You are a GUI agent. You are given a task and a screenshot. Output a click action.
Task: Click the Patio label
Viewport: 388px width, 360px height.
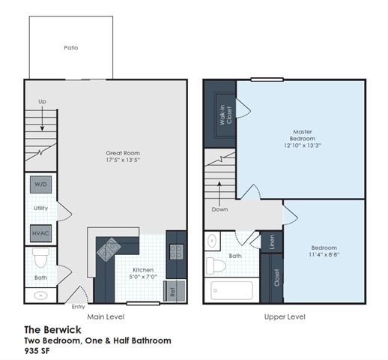(71, 47)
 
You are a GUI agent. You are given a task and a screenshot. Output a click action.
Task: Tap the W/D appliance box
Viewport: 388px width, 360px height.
(41, 184)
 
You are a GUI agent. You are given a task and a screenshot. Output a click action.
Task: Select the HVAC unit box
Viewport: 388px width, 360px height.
(41, 233)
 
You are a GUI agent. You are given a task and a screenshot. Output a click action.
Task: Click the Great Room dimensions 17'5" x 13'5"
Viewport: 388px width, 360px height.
(123, 160)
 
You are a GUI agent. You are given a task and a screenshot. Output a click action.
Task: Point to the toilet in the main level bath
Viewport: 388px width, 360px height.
(41, 260)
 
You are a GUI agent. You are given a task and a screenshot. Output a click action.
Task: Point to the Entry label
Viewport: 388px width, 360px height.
(78, 306)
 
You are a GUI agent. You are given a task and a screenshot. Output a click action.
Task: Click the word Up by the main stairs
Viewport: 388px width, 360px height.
(42, 101)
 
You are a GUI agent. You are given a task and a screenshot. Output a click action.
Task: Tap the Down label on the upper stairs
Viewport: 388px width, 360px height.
(219, 209)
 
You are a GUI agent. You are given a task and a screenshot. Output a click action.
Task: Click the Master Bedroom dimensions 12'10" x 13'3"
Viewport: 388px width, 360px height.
(302, 146)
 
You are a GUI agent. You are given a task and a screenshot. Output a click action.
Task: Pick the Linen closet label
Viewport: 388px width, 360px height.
(271, 241)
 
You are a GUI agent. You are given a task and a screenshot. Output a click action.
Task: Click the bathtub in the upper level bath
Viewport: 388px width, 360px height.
(233, 290)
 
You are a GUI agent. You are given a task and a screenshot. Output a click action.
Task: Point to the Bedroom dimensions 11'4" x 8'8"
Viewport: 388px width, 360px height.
(324, 255)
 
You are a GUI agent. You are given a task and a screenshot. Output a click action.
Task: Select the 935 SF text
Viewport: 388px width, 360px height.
(37, 350)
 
